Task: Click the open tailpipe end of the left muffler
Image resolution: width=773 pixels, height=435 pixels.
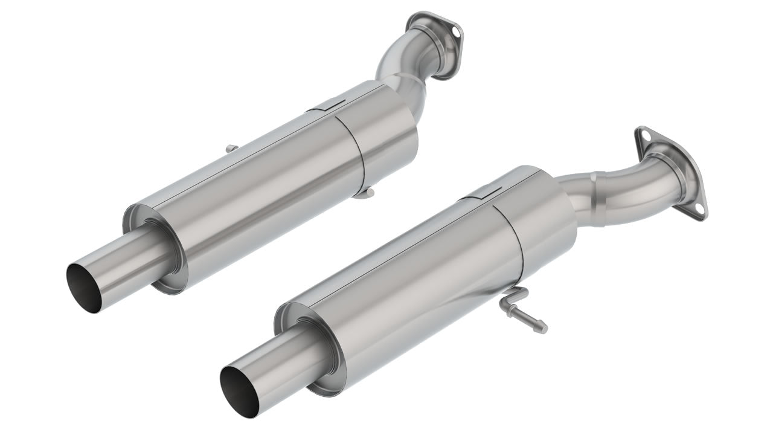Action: click(84, 288)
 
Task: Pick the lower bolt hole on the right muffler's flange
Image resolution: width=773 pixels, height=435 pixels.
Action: click(699, 209)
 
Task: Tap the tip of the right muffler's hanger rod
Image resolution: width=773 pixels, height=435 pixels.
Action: click(543, 328)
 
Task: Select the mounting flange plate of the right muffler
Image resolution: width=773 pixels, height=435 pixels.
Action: click(670, 172)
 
